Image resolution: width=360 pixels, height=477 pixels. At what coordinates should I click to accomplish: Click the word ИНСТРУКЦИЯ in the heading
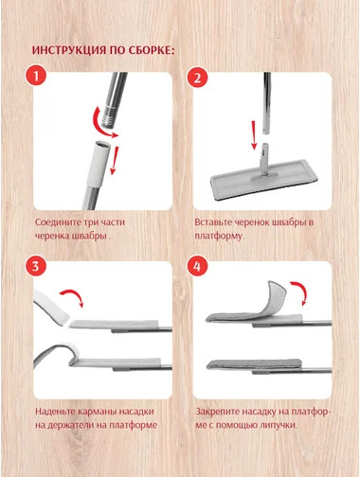[69, 50]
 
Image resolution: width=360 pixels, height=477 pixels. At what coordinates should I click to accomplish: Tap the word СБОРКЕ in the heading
[152, 50]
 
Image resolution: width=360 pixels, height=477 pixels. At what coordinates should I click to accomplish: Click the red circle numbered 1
[36, 76]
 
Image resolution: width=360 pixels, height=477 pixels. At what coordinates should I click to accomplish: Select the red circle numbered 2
[197, 78]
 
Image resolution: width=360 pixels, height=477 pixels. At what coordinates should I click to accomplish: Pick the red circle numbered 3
[36, 265]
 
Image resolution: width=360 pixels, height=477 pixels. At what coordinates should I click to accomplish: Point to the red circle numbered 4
[197, 266]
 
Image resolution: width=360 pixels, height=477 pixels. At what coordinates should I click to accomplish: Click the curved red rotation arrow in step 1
[99, 126]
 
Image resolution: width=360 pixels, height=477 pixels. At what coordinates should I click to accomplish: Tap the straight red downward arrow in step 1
[114, 160]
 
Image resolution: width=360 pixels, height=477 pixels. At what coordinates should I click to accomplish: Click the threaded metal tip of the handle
[108, 119]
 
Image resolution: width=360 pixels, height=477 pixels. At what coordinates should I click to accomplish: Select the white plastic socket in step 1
[98, 163]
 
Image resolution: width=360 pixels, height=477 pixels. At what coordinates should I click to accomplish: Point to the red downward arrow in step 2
[254, 135]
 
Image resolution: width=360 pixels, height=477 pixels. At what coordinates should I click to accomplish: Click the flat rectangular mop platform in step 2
[262, 180]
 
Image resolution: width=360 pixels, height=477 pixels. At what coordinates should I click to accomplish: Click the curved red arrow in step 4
[301, 291]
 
